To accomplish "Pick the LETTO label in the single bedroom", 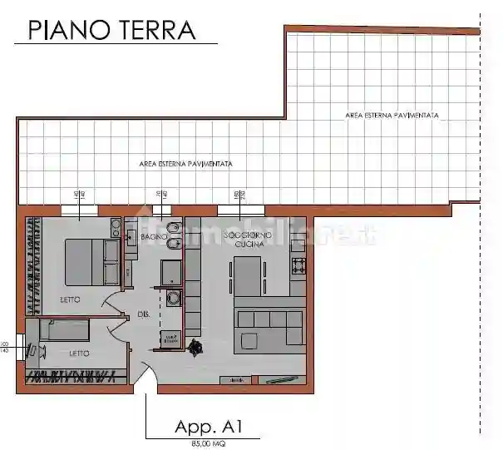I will (79, 353).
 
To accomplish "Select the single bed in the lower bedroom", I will (71, 331).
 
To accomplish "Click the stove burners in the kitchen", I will (298, 266).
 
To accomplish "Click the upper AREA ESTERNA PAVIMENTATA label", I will (392, 115).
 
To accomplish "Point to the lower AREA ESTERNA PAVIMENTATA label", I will (185, 164).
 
